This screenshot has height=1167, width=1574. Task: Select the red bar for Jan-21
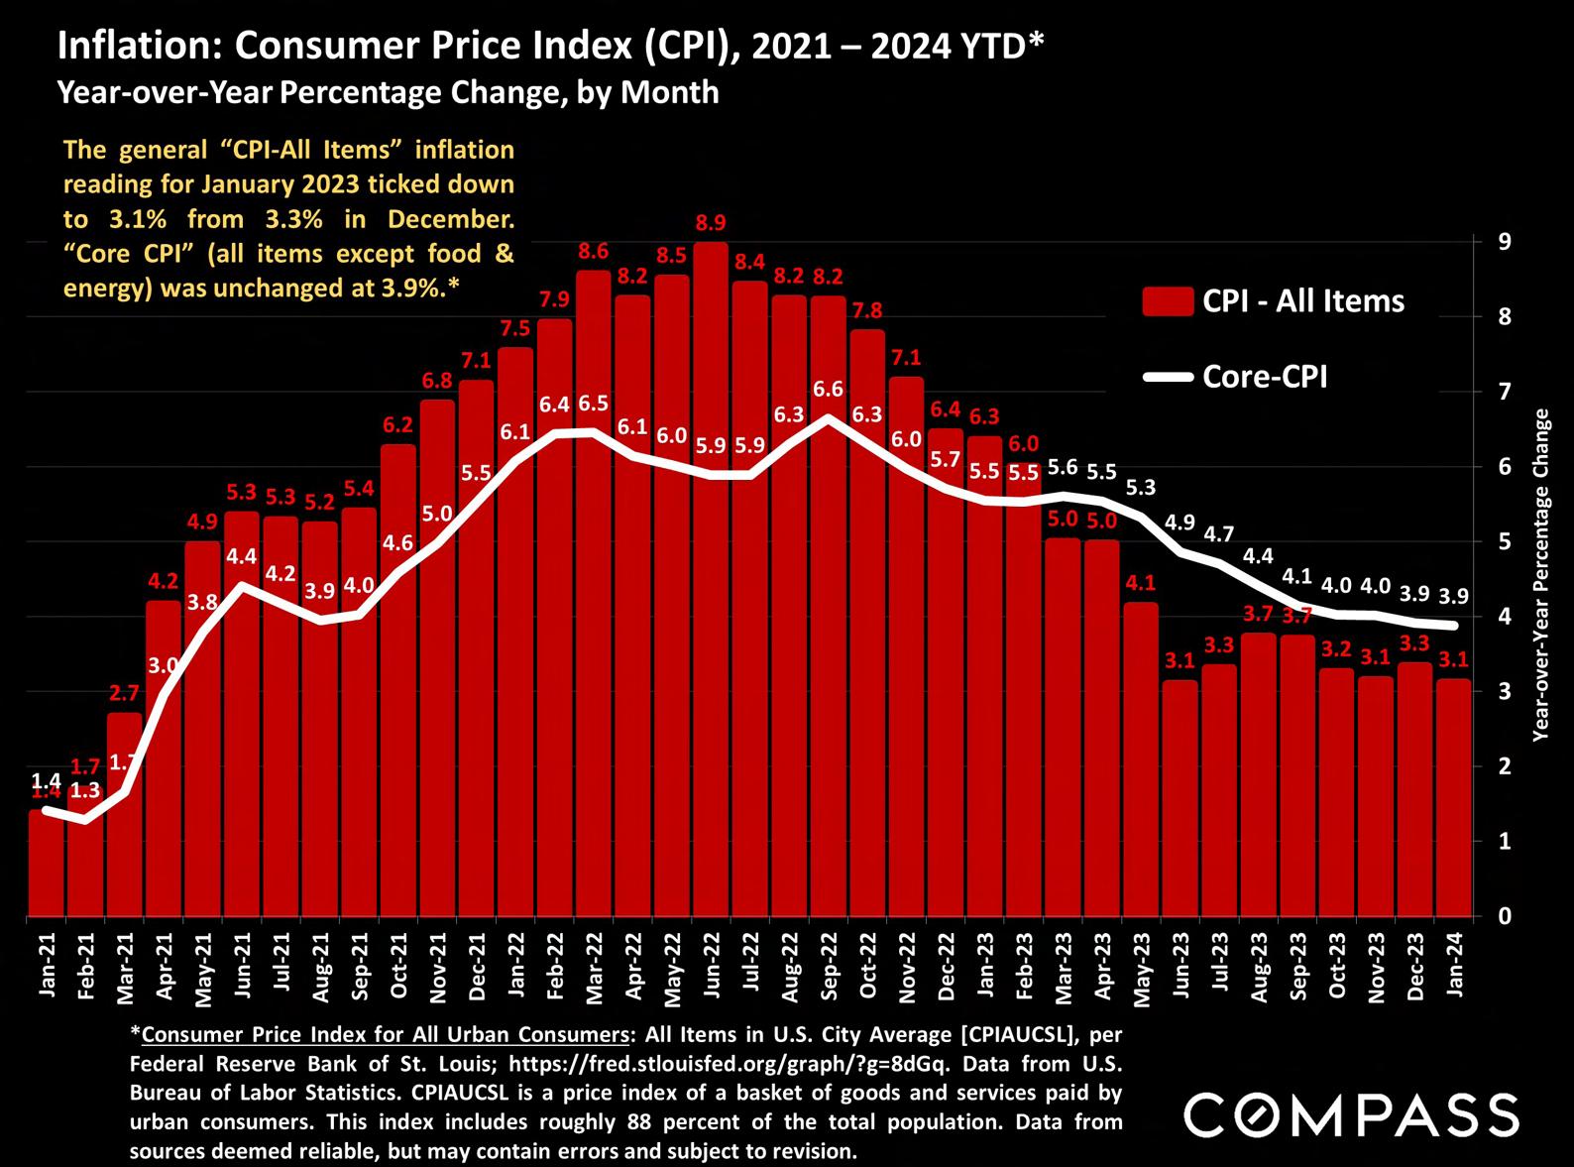[46, 863]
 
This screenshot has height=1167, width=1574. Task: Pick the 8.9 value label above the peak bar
[711, 223]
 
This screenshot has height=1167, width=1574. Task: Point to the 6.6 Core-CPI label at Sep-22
[828, 390]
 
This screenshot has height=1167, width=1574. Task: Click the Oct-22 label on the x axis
[867, 968]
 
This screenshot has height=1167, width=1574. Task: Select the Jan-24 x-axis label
[1454, 968]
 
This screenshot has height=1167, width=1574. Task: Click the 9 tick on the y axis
[1505, 242]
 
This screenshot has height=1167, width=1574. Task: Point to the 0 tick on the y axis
[1505, 916]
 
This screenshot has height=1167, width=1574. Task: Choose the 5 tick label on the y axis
[1505, 542]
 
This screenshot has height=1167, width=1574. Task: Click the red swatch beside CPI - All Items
[1167, 301]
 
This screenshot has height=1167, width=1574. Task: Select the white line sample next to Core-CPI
[1167, 377]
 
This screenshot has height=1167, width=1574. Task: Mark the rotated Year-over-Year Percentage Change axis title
[1540, 575]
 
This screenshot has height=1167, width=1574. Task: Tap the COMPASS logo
[1351, 1115]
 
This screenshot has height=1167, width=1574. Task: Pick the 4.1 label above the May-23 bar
[1141, 584]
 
